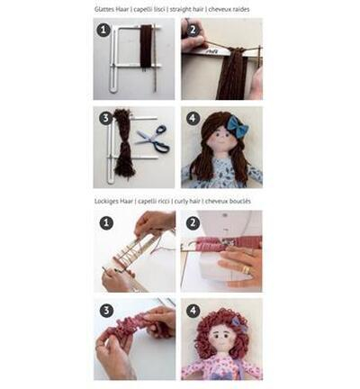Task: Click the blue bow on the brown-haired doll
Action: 238,127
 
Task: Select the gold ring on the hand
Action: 246,269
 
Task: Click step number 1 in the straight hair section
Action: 103,31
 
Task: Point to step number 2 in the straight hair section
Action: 193,30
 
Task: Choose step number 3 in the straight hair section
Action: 106,118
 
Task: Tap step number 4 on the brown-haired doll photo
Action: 193,118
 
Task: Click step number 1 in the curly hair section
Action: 106,223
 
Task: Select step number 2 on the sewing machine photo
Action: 193,222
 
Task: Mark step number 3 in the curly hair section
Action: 107,311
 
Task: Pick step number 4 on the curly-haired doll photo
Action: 193,311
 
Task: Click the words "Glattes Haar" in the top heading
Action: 112,9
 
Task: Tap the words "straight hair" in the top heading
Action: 186,9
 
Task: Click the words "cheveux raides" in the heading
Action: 229,9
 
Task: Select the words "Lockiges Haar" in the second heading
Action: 113,201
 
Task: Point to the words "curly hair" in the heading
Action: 187,201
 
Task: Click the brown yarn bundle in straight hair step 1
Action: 147,48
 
